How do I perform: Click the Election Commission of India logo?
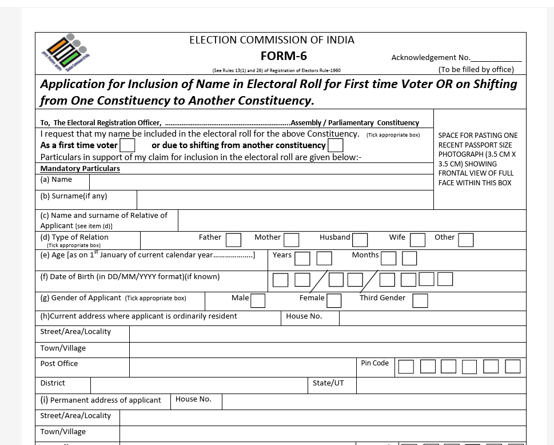(x=65, y=52)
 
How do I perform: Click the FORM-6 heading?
(x=284, y=56)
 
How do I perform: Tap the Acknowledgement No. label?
(x=431, y=57)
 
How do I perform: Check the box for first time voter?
(x=127, y=145)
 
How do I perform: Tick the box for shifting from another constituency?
(x=335, y=145)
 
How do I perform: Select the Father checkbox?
(x=233, y=240)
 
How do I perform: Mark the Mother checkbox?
(x=292, y=240)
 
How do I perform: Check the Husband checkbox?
(x=360, y=240)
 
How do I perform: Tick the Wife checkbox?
(x=417, y=240)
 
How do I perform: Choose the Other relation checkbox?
(x=466, y=240)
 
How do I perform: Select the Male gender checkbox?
(x=258, y=300)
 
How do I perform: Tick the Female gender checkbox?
(x=334, y=300)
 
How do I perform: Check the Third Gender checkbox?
(x=420, y=300)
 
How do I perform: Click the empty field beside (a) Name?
(x=261, y=182)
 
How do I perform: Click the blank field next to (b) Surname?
(x=285, y=200)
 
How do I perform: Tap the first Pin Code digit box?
(x=406, y=367)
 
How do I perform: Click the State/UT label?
(x=328, y=383)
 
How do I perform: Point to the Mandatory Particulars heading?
(x=80, y=169)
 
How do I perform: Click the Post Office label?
(x=59, y=364)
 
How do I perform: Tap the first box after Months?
(x=388, y=259)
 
